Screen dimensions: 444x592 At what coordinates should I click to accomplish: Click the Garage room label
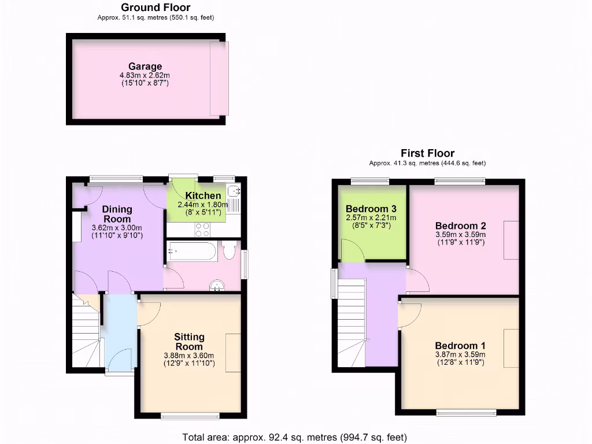145,66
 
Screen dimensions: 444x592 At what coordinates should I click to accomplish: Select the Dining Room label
117,214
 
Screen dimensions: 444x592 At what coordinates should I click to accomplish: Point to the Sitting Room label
190,342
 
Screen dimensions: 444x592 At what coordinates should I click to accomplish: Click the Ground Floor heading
156,8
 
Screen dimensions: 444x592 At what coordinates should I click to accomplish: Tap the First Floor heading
427,153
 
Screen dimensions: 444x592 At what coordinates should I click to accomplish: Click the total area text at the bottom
295,436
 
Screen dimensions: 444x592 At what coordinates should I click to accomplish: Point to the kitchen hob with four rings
203,230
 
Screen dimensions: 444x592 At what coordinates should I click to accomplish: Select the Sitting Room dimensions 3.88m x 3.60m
189,356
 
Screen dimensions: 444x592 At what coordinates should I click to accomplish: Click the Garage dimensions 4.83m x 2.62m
145,76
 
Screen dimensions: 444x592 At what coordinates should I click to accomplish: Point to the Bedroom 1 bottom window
466,413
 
